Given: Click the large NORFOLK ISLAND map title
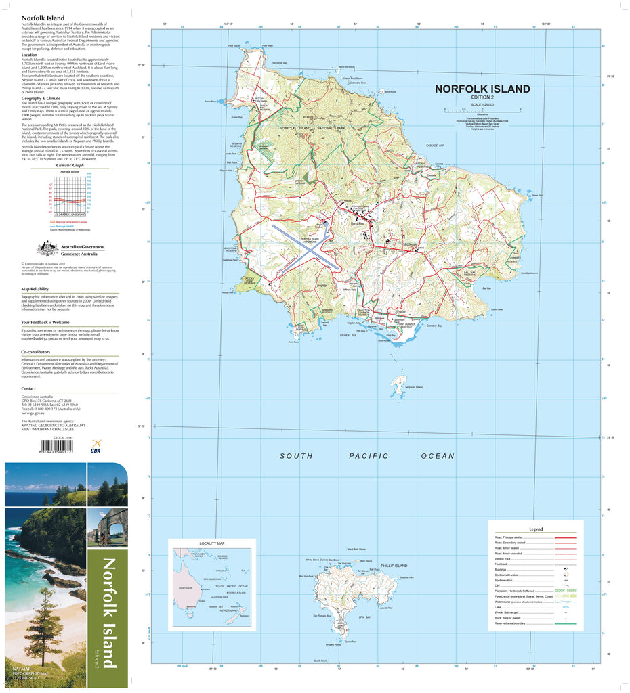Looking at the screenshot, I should point(482,89).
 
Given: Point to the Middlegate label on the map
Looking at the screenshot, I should point(411,245).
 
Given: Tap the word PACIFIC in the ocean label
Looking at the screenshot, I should point(369,456).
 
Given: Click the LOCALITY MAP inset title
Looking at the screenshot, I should point(211,544).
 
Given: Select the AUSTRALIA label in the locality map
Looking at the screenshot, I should point(185,587).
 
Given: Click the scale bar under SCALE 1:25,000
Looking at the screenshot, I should point(482,110).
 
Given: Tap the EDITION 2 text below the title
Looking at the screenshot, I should point(482,98).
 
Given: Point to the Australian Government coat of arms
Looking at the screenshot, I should point(47,248).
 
